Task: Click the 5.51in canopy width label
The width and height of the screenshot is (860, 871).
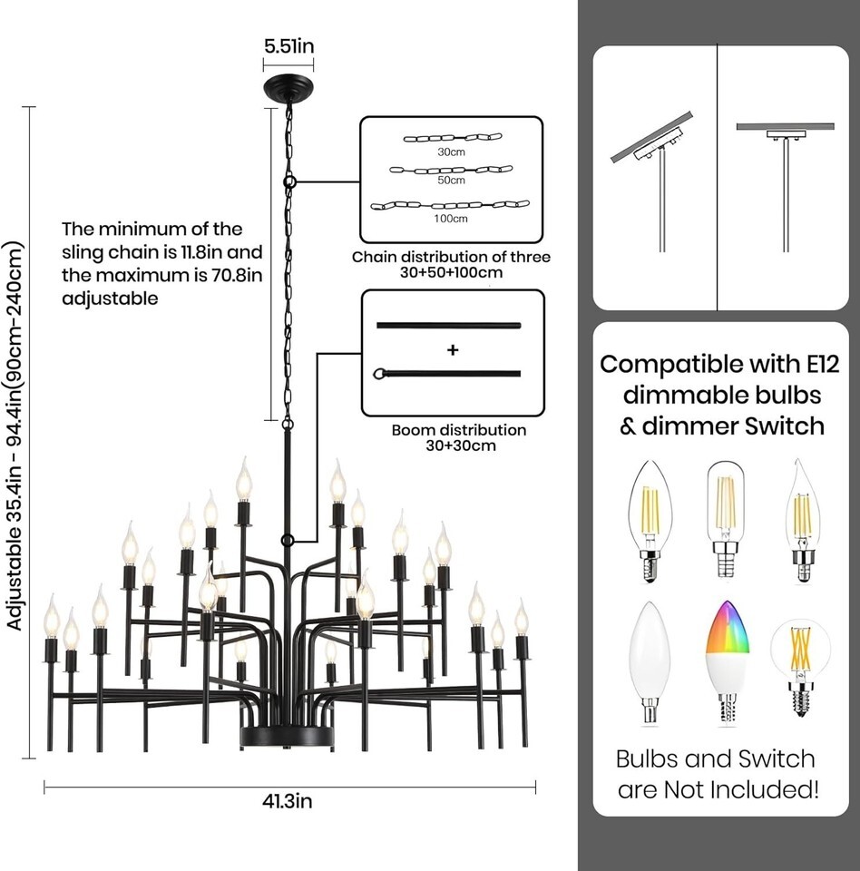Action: click(x=288, y=44)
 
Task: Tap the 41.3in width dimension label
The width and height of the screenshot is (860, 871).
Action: click(x=289, y=801)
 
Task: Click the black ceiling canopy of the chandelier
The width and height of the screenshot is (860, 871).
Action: click(x=288, y=89)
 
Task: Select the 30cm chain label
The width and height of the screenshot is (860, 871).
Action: click(x=451, y=152)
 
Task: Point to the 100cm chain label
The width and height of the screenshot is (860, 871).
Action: click(x=451, y=219)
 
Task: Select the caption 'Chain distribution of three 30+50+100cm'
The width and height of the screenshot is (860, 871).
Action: click(x=451, y=264)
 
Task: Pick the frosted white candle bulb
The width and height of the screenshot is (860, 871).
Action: click(x=650, y=661)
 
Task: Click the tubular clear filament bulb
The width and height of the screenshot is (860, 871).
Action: click(x=725, y=518)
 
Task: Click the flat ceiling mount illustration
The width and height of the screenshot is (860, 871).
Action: click(x=785, y=177)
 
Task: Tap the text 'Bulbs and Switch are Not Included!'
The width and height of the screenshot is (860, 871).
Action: click(x=716, y=774)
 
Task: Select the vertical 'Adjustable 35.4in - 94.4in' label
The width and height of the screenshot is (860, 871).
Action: click(x=15, y=435)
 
